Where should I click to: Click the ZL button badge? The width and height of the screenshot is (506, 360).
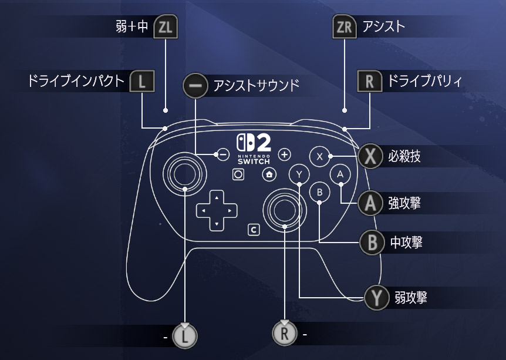pyautogui.click(x=165, y=28)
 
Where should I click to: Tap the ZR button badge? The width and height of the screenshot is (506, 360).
pyautogui.click(x=345, y=27)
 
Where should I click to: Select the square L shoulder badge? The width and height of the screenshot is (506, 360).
pyautogui.click(x=141, y=82)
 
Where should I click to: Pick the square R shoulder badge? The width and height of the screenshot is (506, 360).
pyautogui.click(x=369, y=82)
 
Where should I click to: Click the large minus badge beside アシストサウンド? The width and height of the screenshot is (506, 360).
pyautogui.click(x=195, y=86)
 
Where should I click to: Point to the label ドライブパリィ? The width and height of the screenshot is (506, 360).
pyautogui.click(x=423, y=81)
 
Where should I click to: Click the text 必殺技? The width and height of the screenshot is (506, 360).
pyautogui.click(x=404, y=156)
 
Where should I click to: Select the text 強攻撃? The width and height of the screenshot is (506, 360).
pyautogui.click(x=404, y=203)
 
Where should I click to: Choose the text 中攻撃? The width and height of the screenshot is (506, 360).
pyautogui.click(x=406, y=242)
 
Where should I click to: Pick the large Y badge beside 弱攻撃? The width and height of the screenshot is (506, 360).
pyautogui.click(x=376, y=298)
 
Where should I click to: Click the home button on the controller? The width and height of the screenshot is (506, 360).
pyautogui.click(x=269, y=174)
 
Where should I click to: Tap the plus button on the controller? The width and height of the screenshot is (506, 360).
pyautogui.click(x=285, y=154)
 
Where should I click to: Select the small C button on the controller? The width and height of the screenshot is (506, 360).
pyautogui.click(x=254, y=230)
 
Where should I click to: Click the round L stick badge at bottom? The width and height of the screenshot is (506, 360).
pyautogui.click(x=186, y=336)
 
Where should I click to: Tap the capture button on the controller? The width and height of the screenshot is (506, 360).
pyautogui.click(x=238, y=174)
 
